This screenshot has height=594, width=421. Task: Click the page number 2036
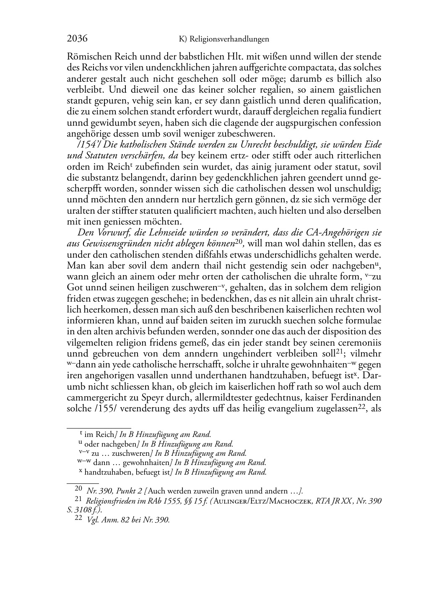point(77,39)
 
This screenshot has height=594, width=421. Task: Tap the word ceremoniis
point(361,343)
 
